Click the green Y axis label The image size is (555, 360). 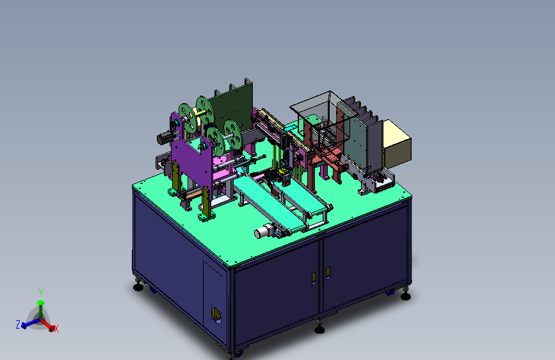(x=41, y=293)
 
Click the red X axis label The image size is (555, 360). (x=56, y=329)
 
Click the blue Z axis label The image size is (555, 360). (x=18, y=324)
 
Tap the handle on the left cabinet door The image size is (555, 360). (x=314, y=279)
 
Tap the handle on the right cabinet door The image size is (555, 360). (x=328, y=273)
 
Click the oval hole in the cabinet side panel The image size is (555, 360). (x=216, y=315)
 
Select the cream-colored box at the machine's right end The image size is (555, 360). (x=397, y=144)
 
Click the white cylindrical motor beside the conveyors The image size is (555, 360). (x=262, y=232)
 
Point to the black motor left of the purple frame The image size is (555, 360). (x=165, y=138)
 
